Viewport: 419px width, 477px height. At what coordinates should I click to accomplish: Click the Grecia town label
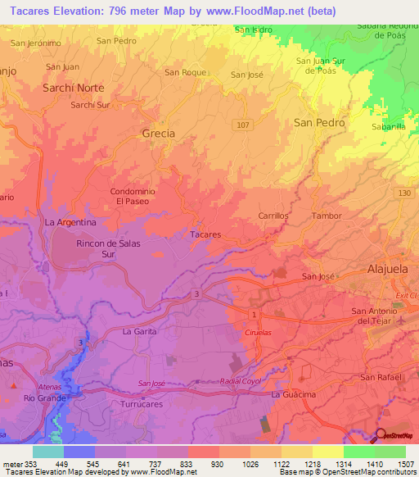(158, 133)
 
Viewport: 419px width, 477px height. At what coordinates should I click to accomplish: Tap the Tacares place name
(205, 234)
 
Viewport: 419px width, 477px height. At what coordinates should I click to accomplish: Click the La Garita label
(138, 332)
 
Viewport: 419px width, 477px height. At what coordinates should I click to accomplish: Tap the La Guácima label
(294, 395)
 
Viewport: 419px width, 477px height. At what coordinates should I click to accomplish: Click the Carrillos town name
(274, 216)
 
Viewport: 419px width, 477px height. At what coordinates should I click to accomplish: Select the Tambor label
(327, 216)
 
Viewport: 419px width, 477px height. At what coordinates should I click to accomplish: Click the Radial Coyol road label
(241, 381)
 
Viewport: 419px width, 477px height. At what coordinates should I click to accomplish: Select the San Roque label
(184, 72)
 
